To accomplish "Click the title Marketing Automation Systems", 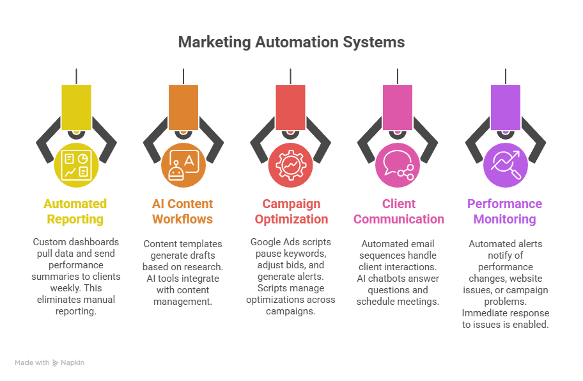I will [291, 42].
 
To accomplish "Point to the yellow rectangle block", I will [76, 107].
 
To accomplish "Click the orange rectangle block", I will [183, 107].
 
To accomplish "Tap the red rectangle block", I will [290, 107].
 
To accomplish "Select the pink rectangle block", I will [398, 107].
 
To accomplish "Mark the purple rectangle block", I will [505, 107].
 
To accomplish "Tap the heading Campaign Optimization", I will [291, 211].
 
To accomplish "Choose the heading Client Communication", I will [398, 211].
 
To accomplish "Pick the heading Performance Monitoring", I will [504, 211].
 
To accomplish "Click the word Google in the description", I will [265, 242].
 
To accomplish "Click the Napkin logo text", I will [72, 363].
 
